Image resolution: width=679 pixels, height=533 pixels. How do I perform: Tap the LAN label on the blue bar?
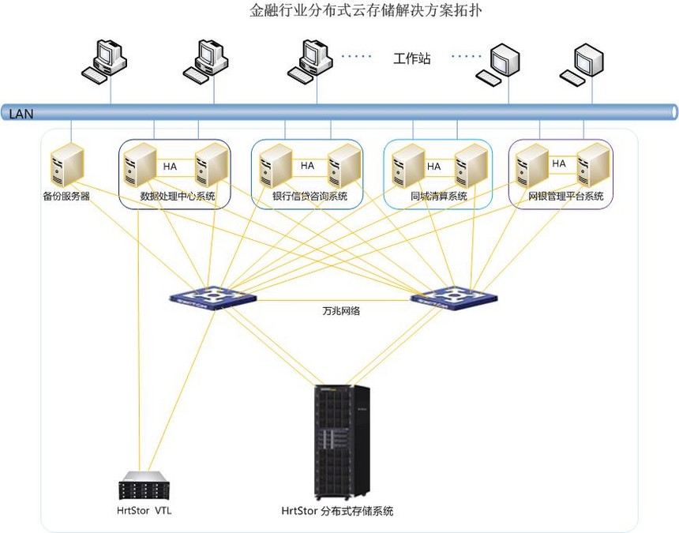(21, 114)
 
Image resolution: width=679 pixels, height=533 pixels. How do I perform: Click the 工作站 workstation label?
(412, 58)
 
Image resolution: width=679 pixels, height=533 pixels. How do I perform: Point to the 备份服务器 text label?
(66, 196)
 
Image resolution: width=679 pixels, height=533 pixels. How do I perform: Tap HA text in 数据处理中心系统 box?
(171, 167)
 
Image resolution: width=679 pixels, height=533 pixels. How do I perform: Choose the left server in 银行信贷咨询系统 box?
(276, 165)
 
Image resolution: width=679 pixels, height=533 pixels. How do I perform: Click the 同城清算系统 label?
(439, 196)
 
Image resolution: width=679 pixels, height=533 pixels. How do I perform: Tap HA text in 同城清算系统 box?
(433, 167)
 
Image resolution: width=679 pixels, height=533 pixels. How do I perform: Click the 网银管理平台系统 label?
(565, 196)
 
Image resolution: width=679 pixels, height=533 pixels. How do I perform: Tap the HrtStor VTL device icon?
(144, 486)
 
